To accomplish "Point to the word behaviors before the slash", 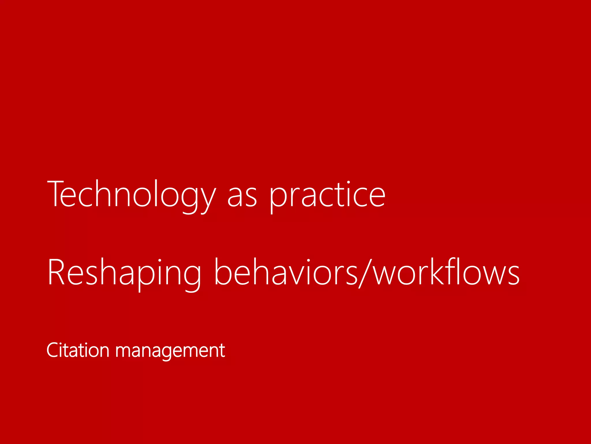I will (x=286, y=272).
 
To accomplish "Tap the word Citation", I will (x=78, y=350).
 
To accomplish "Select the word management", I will (x=170, y=351).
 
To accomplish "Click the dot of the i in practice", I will (x=348, y=183).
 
